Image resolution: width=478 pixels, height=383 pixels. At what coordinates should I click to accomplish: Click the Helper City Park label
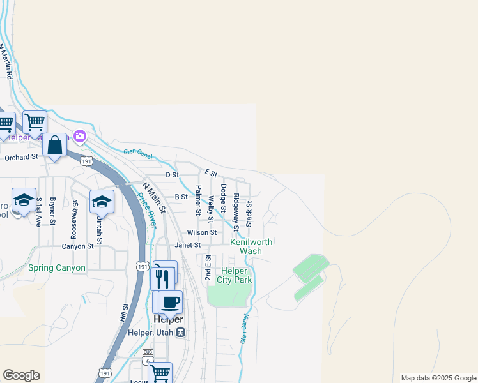click(235, 275)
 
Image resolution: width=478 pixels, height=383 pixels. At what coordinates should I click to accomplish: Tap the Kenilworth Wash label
click(251, 246)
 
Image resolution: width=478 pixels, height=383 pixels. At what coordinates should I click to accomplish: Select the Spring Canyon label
click(57, 268)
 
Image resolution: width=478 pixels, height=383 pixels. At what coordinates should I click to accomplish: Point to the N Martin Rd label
click(6, 61)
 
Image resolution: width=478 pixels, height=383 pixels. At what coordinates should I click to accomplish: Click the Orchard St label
click(21, 157)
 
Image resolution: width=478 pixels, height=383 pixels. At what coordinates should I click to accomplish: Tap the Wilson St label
click(202, 233)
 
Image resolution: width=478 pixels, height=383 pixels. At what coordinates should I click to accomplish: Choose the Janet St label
click(189, 245)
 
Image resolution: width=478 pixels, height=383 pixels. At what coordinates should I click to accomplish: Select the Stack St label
click(249, 214)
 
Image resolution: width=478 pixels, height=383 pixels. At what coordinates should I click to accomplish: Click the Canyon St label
click(78, 246)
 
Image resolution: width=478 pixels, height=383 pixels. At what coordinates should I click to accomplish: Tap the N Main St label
click(154, 198)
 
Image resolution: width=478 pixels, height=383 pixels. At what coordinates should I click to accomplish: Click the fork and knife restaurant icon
click(162, 278)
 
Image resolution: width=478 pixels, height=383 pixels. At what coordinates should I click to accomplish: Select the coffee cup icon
click(170, 303)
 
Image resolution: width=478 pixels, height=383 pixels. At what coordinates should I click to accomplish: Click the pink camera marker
click(80, 136)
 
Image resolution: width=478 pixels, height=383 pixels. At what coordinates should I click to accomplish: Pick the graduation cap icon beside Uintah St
click(101, 202)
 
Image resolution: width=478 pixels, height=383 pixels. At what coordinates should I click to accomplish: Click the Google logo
click(21, 375)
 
